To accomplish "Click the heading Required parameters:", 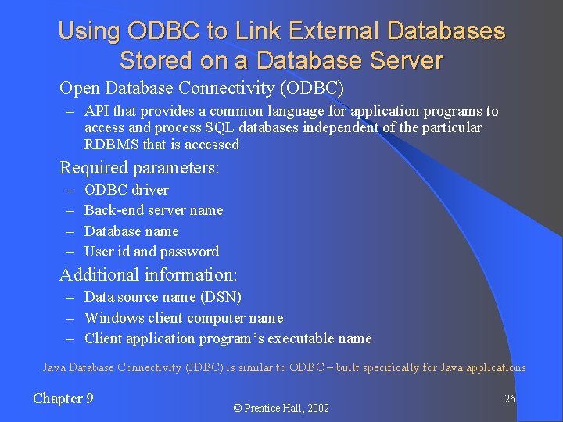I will click(139, 167).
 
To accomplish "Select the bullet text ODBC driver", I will click(126, 190).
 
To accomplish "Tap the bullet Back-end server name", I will click(153, 210).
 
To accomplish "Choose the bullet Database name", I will click(131, 231).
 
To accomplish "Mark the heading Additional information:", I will click(149, 275).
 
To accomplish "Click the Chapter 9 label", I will click(63, 399).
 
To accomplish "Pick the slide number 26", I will click(509, 399).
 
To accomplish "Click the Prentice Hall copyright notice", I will click(282, 408).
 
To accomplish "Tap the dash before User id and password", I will click(70, 252).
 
